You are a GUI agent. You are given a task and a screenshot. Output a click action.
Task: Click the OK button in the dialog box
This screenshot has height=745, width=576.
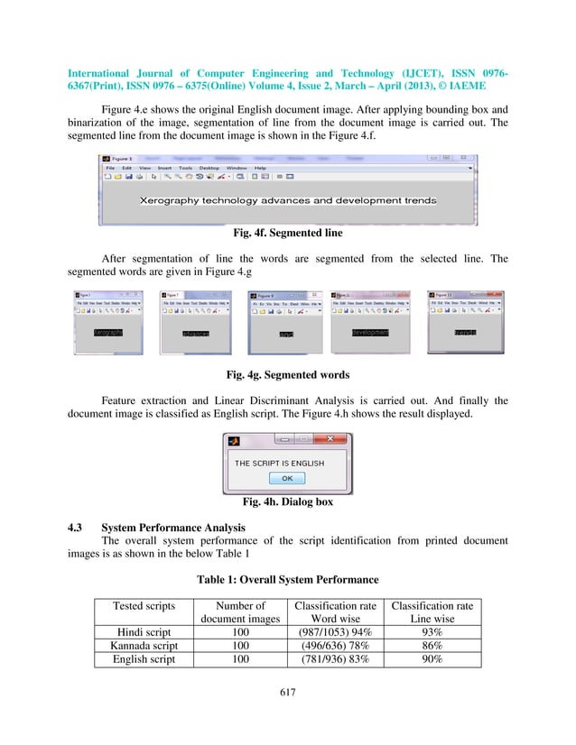pyautogui.click(x=287, y=478)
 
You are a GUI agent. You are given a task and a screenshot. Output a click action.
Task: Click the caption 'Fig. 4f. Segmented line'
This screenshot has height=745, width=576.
pyautogui.click(x=287, y=234)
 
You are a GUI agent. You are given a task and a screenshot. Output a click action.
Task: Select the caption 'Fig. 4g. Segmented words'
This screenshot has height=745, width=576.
pyautogui.click(x=287, y=374)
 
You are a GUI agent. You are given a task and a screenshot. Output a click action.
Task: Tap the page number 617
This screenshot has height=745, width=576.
pyautogui.click(x=287, y=693)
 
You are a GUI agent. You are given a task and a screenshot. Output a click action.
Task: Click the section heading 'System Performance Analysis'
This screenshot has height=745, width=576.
pyautogui.click(x=172, y=527)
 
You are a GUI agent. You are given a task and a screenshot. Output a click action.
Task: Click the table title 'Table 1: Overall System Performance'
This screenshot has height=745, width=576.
pyautogui.click(x=287, y=580)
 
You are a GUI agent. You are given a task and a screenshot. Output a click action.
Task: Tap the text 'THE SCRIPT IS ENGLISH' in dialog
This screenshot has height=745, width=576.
pyautogui.click(x=280, y=463)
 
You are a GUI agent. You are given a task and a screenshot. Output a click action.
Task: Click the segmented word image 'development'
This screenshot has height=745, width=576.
pyautogui.click(x=370, y=333)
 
